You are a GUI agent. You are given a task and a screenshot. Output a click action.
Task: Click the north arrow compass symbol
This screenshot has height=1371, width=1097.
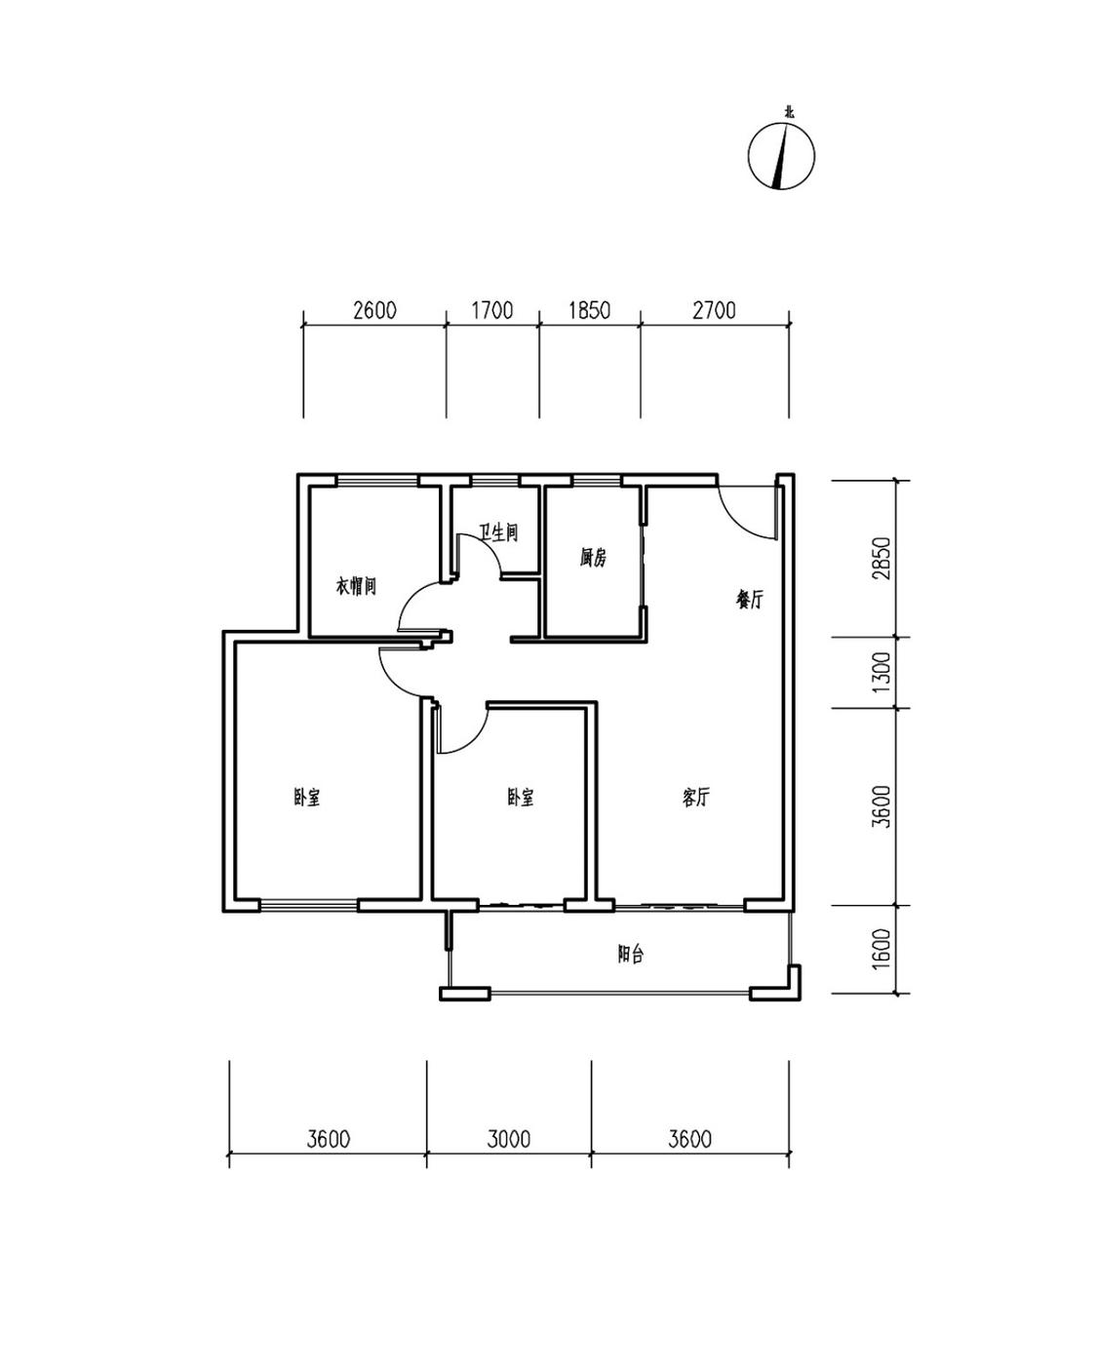coord(780,155)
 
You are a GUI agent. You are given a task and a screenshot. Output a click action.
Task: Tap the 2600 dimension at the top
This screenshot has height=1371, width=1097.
coord(374,310)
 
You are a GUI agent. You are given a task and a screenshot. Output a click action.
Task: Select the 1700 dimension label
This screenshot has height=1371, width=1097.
coord(491,310)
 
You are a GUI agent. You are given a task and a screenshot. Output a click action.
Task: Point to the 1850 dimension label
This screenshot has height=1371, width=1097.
coord(589,310)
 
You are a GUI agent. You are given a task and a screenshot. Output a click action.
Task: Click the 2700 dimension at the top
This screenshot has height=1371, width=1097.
coord(714,310)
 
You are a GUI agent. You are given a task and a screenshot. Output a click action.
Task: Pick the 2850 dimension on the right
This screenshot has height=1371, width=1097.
coord(882,558)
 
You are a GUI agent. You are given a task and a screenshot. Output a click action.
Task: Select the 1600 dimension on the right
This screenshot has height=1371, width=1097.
coord(882,949)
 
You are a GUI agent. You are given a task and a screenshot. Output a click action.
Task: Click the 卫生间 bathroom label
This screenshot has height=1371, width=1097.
coord(499,532)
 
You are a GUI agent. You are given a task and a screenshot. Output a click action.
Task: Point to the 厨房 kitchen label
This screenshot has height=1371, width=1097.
coord(593,558)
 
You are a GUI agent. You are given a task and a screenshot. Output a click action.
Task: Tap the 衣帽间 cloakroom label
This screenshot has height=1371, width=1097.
coord(356,585)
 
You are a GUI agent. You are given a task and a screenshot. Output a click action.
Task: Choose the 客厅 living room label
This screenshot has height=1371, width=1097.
coord(695,797)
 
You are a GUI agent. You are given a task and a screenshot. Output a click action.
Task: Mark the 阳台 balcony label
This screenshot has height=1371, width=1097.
coord(631,954)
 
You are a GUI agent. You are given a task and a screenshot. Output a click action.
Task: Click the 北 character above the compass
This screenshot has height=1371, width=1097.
coord(789,113)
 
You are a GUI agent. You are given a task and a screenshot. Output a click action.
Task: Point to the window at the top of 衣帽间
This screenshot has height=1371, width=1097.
coord(377,481)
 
